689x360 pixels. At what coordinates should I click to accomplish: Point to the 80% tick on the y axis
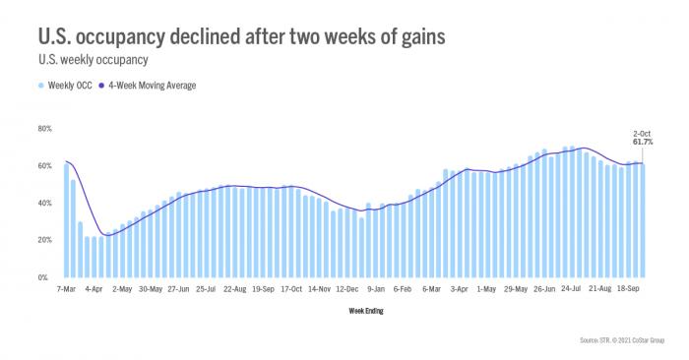[44, 129]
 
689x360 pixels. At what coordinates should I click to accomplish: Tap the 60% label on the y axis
[44, 166]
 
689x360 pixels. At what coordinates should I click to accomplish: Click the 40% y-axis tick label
[44, 204]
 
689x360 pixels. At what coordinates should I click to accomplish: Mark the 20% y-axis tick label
[44, 240]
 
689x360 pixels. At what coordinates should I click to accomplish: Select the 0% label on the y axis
[46, 277]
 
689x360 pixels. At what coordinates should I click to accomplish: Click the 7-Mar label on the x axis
[66, 290]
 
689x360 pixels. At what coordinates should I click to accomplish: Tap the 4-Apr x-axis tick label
[94, 290]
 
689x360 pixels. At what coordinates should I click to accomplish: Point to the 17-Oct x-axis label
[291, 290]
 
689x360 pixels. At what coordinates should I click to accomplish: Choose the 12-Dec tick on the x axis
[347, 290]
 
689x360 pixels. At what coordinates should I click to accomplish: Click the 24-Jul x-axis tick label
[573, 290]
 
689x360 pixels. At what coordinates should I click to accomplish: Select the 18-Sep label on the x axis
[629, 290]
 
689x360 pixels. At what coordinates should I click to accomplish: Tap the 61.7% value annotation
[643, 142]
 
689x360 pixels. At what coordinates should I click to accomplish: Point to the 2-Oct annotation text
[643, 133]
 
